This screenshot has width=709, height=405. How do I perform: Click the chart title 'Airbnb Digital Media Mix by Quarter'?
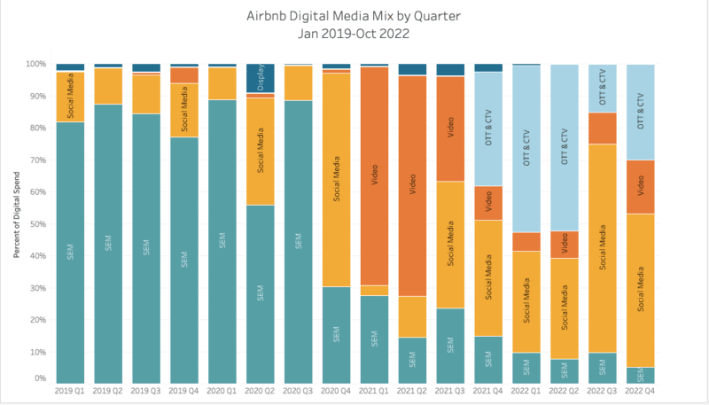point(354,15)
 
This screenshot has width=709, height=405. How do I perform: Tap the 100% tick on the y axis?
point(37,65)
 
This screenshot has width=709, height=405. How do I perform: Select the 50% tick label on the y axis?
point(39,224)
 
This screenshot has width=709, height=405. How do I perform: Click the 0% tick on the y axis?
point(41,379)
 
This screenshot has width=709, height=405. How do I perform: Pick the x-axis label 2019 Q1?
point(70,391)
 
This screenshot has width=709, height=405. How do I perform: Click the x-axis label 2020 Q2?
point(260,391)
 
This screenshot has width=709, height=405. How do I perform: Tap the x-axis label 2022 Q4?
point(641,391)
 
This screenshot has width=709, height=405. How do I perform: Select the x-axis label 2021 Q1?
point(374,391)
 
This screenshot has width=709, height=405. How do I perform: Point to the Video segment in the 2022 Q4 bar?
point(641,187)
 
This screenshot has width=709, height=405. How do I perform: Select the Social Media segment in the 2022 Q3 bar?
point(603,248)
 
